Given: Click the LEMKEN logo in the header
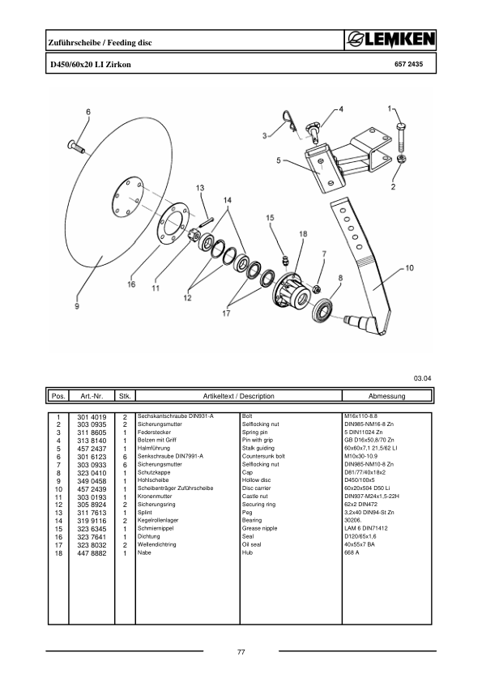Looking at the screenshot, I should [x=388, y=40].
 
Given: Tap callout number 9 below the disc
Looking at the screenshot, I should [x=77, y=306].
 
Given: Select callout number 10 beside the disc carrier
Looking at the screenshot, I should [x=409, y=266].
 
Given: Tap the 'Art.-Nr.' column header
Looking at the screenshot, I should [x=85, y=396].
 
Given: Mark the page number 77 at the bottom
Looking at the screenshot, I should [x=241, y=653].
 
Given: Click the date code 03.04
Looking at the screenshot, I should [x=423, y=377].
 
